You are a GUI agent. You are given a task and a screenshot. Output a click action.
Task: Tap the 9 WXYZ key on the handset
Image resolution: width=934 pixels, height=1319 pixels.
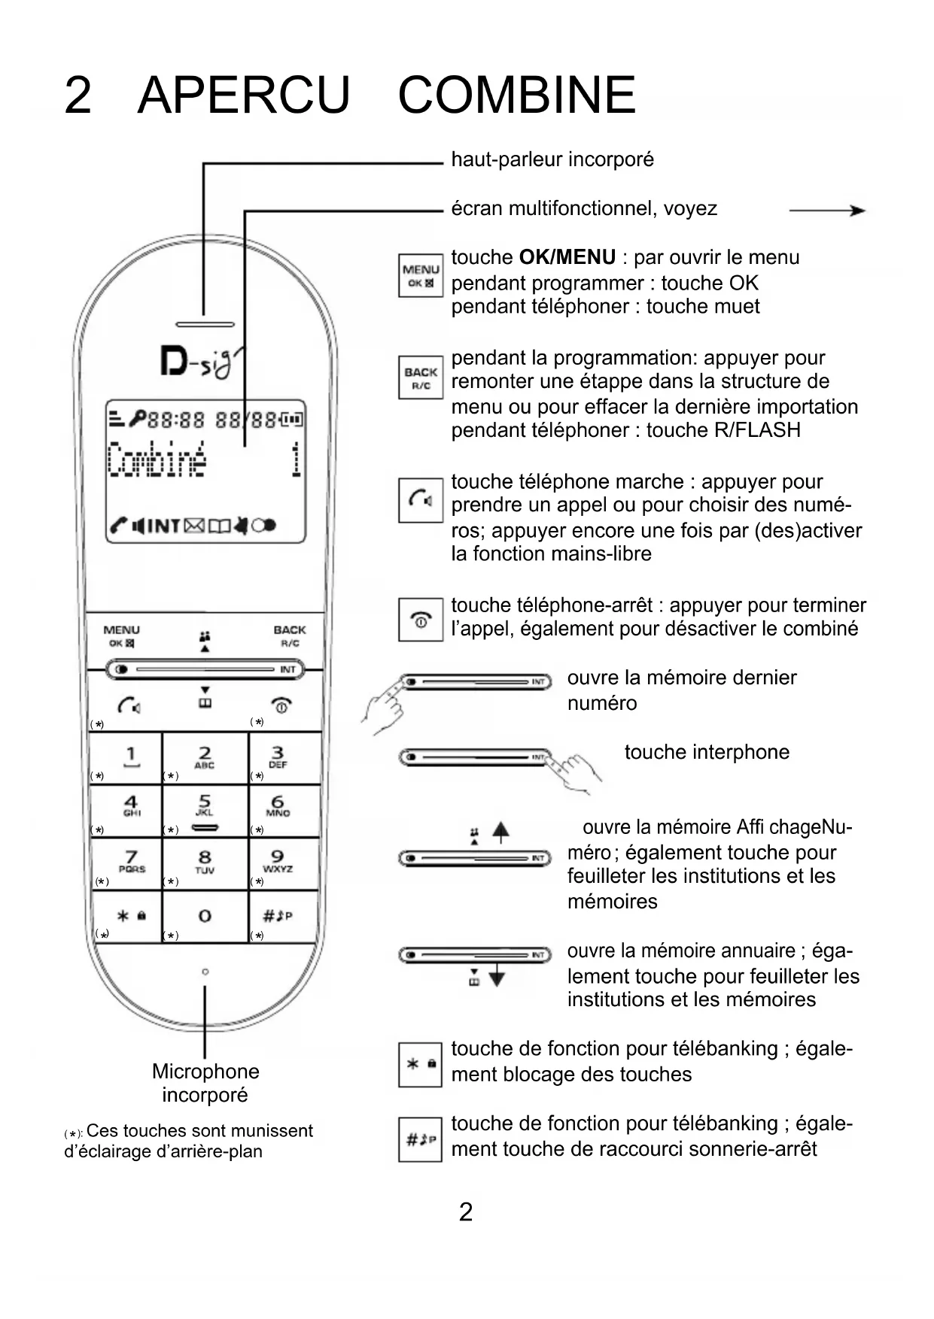point(278,861)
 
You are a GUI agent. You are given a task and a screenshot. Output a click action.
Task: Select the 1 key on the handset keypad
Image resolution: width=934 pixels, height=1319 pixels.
point(131,756)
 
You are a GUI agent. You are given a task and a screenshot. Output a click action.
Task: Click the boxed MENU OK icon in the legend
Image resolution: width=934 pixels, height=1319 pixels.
point(420,275)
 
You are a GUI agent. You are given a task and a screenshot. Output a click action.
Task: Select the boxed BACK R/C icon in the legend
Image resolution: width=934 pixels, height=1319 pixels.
point(420,378)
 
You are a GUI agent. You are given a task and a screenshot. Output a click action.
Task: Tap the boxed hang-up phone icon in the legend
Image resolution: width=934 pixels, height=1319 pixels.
point(420,620)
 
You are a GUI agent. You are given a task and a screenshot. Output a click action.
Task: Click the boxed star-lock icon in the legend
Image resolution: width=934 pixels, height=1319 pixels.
point(420,1064)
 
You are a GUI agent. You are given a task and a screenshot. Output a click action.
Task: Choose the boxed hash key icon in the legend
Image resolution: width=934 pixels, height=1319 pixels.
point(420,1139)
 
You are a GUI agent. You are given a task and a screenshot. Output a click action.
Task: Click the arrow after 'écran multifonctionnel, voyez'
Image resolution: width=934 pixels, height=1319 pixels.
point(827,211)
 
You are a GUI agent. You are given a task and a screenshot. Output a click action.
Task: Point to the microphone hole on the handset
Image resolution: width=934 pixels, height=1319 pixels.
point(205,972)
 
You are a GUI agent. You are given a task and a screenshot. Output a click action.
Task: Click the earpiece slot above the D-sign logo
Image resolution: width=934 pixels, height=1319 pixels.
point(205,324)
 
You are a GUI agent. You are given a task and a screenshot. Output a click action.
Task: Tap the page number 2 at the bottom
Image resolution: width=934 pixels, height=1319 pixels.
point(466,1211)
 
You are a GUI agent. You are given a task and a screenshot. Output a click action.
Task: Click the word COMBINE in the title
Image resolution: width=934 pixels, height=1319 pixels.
point(516,96)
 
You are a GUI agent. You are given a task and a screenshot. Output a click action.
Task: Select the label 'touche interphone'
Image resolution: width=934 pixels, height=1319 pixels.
point(707,752)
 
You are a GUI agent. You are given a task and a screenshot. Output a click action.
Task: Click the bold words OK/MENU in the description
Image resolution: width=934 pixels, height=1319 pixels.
point(567,257)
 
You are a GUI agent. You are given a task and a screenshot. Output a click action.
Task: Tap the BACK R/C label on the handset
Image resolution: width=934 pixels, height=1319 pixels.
point(290,635)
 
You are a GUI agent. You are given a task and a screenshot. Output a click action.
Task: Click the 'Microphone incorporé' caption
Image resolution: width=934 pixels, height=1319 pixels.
point(205,1082)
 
